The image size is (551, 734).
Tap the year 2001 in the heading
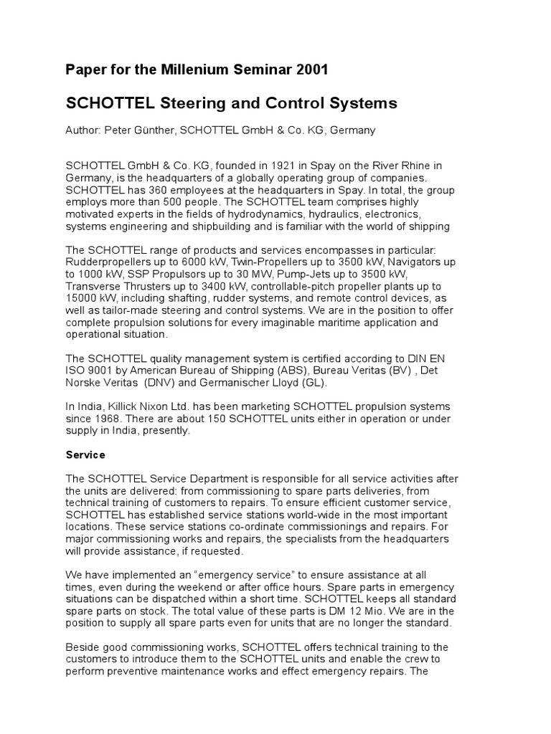click(311, 70)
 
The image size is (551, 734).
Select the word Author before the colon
click(83, 130)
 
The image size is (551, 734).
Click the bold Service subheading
click(85, 454)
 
